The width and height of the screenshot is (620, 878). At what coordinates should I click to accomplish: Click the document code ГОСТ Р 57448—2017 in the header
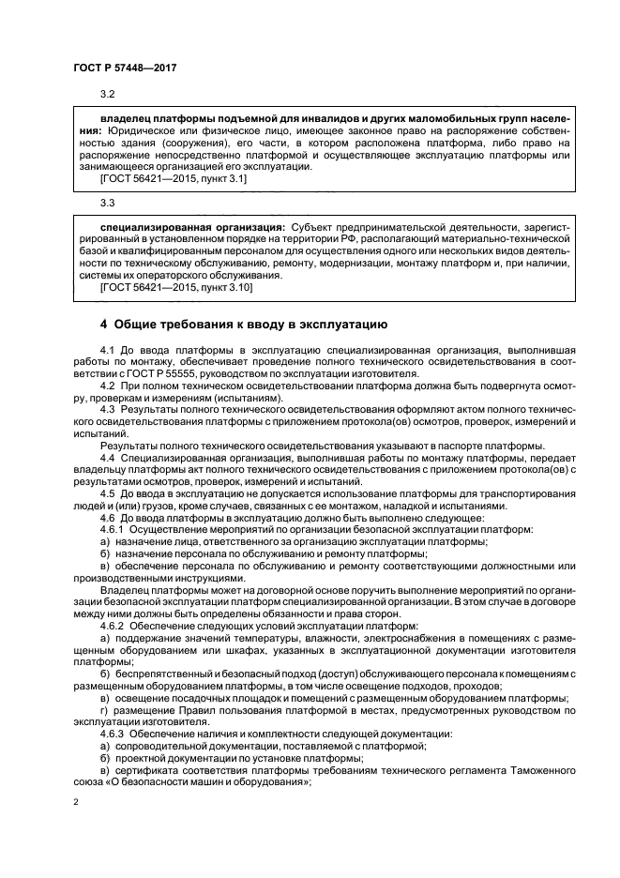tap(126, 68)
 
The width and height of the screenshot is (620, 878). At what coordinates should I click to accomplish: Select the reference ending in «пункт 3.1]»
tap(174, 177)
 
